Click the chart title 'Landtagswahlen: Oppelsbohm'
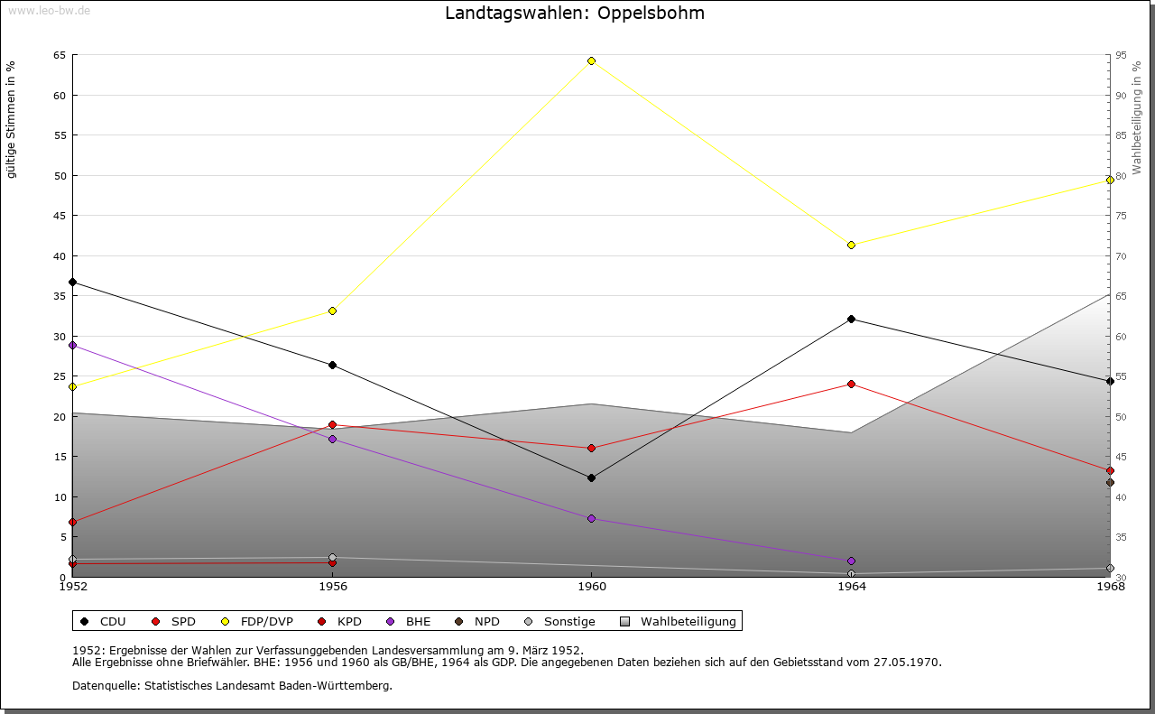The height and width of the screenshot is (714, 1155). pos(575,14)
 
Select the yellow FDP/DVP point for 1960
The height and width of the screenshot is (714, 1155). pos(591,60)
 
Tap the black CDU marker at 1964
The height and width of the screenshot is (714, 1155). pos(851,319)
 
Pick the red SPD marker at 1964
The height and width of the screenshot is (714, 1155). pos(851,384)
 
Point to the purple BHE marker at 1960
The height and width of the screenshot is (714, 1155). pos(591,518)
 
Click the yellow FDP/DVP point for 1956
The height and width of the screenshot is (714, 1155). pos(332,311)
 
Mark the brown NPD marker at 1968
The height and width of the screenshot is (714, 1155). pos(1110,482)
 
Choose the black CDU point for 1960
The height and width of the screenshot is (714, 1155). pos(591,478)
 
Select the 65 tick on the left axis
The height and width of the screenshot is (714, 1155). pos(60,55)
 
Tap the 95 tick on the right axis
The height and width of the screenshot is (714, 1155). pos(1121,55)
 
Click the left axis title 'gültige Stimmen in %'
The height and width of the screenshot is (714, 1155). pos(12,119)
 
